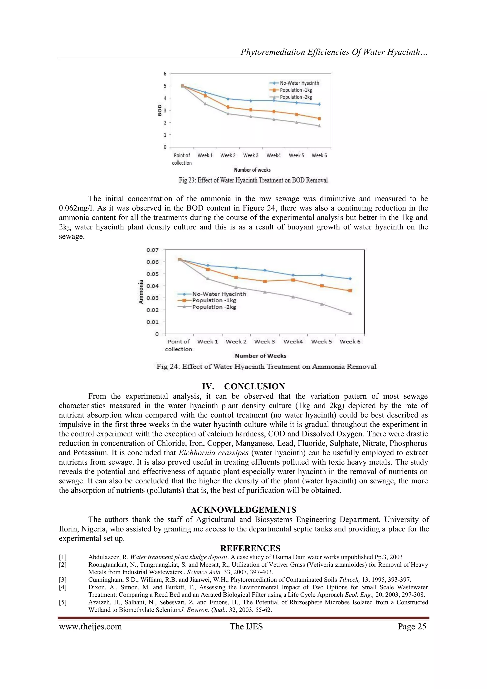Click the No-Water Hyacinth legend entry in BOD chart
point(299,83)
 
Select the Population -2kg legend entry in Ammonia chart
point(214,307)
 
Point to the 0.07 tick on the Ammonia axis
point(152,250)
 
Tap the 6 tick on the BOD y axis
point(165,74)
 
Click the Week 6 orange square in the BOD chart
point(319,119)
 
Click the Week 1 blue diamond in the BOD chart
point(205,92)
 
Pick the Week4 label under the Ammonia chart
point(293,342)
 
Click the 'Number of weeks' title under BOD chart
point(252,170)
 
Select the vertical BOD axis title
point(160,110)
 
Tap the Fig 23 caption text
point(253,180)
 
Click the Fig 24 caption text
point(266,367)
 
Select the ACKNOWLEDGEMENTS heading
point(243,510)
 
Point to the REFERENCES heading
point(250,548)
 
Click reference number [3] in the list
point(63,580)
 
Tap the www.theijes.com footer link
point(90,627)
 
